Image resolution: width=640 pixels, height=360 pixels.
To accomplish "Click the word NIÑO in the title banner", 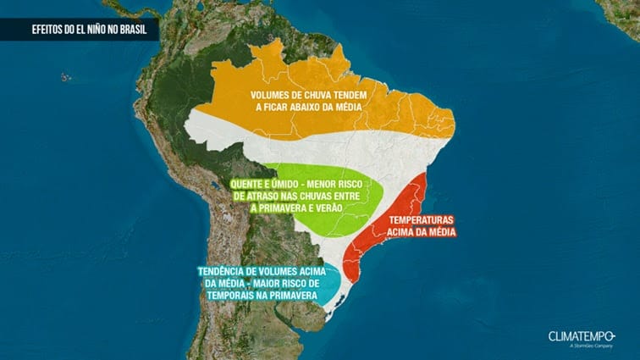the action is pos(100,30).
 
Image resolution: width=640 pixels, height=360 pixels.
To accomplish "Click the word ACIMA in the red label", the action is pos(408,232).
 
